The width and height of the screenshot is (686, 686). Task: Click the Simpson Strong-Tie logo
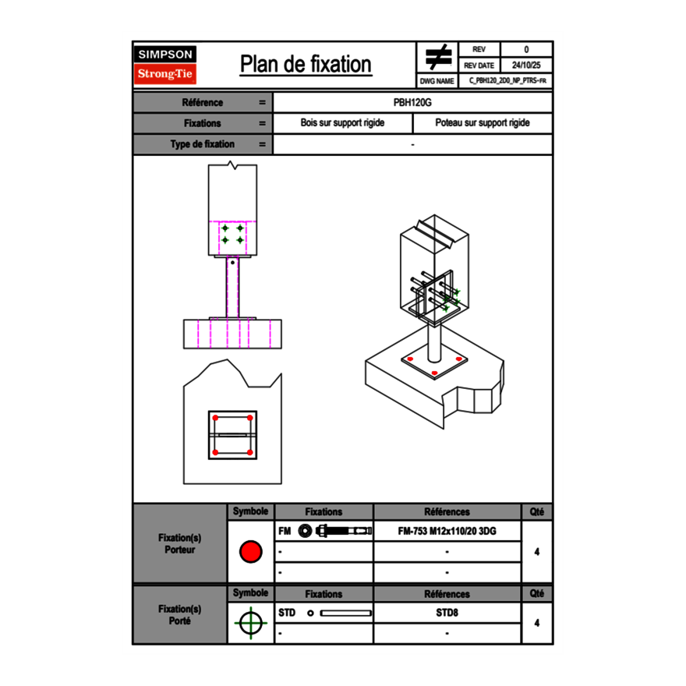click(x=165, y=65)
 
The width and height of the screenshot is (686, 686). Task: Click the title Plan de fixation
click(x=305, y=64)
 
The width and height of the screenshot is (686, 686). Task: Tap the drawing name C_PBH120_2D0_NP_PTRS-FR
click(x=507, y=80)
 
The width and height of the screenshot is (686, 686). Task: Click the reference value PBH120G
click(x=412, y=102)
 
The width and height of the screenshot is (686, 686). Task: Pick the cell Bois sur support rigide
click(x=342, y=123)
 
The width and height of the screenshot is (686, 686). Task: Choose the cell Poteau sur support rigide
click(x=482, y=123)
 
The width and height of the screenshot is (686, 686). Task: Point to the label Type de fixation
click(x=202, y=144)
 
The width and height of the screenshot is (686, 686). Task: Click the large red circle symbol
click(x=250, y=552)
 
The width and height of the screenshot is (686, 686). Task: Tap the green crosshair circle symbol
click(x=249, y=623)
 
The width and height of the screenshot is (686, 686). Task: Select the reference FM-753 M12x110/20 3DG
click(x=447, y=531)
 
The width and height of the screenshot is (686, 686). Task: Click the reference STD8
click(x=447, y=613)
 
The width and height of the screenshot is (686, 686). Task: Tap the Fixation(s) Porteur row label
click(x=179, y=543)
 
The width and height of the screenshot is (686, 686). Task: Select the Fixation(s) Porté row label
click(x=179, y=614)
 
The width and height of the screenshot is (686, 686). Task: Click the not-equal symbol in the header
click(x=438, y=57)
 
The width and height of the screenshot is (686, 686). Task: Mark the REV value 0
click(x=525, y=49)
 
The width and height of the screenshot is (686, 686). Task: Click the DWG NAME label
click(x=437, y=80)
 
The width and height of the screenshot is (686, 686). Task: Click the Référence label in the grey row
click(x=202, y=102)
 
